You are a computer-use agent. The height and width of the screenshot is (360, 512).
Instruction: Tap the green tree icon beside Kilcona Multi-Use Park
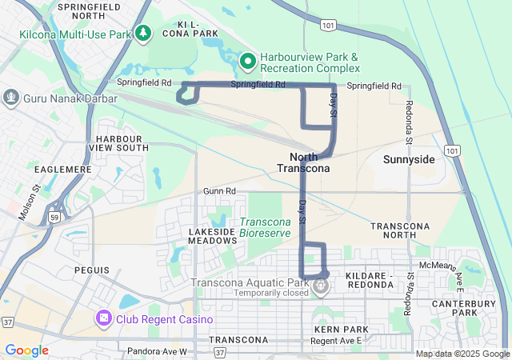143,33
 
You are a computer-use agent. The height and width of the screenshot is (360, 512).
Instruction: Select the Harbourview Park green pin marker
248,60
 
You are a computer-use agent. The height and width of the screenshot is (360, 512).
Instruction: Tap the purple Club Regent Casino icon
104,319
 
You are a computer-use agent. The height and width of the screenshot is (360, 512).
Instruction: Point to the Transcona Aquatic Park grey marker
322,285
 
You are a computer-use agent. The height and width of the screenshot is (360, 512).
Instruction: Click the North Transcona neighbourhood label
303,162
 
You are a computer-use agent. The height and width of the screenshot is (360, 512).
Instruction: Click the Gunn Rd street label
219,191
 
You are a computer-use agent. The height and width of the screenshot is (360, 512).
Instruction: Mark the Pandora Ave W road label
157,351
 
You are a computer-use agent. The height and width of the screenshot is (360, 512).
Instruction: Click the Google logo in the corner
26,350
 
